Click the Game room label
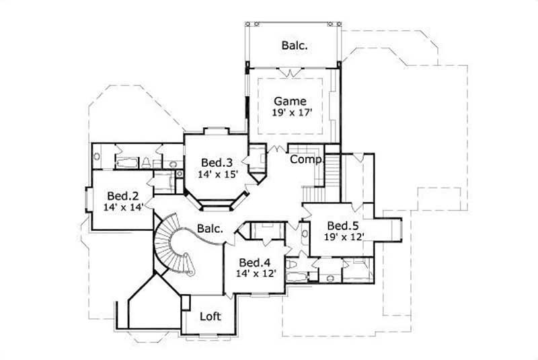point(290,102)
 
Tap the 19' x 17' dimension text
point(290,113)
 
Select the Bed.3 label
point(217,162)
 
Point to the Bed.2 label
point(123,196)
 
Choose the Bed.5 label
point(344,225)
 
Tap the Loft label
point(210,316)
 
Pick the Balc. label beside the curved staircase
point(210,229)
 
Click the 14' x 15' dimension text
point(217,174)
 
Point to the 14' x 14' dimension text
point(123,208)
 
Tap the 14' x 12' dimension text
point(256,274)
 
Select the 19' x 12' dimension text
point(344,237)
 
